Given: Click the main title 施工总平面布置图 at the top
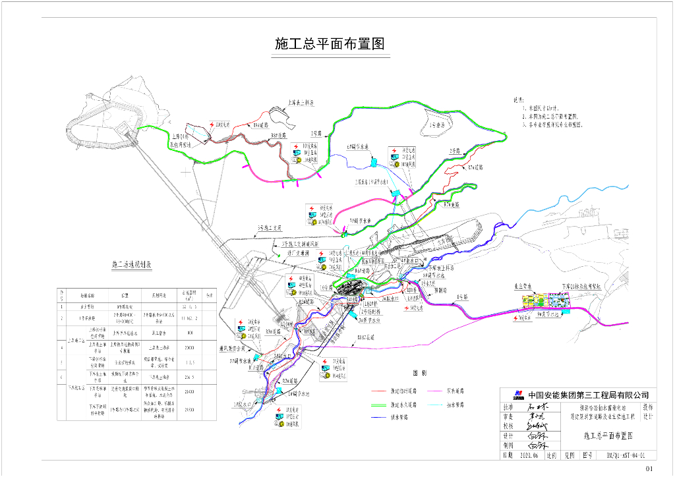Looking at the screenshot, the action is point(329,45).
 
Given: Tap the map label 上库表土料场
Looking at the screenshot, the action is point(302,103).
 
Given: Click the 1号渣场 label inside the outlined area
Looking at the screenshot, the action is point(438,124).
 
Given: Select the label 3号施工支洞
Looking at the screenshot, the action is point(270,228).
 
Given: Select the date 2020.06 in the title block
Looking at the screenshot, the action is point(529,455).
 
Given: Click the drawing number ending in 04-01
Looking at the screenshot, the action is point(630,455).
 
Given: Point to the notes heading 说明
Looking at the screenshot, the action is point(519,99).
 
